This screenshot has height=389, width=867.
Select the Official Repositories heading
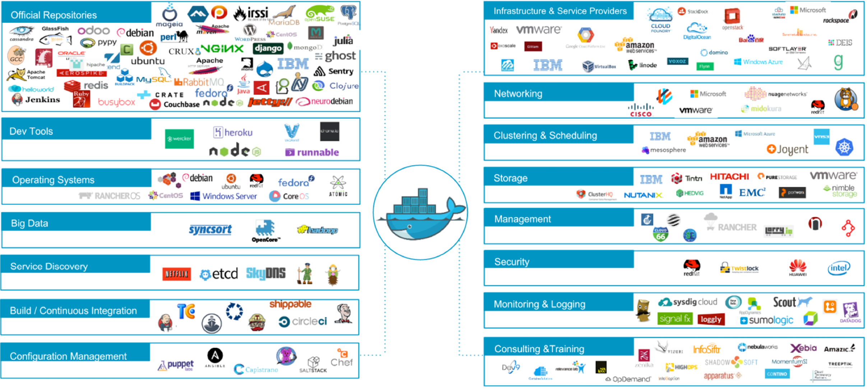pyautogui.click(x=54, y=15)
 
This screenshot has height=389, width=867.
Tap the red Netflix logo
pyautogui.click(x=176, y=274)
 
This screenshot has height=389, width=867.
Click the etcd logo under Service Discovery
pyautogui.click(x=219, y=274)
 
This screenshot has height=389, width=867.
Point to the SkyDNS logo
pyautogui.click(x=266, y=274)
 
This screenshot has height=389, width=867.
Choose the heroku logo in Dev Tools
pyautogui.click(x=233, y=133)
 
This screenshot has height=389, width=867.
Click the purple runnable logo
pyautogui.click(x=312, y=152)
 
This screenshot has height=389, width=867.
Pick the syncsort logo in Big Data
pyautogui.click(x=210, y=229)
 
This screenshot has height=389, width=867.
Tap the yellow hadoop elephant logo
pyautogui.click(x=317, y=230)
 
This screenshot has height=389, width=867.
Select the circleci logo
pyautogui.click(x=303, y=321)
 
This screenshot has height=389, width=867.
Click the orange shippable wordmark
pyautogui.click(x=290, y=304)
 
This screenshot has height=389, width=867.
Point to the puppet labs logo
pyautogui.click(x=176, y=365)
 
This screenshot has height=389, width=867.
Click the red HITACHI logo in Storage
pyautogui.click(x=729, y=177)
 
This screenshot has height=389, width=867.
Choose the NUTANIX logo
pyautogui.click(x=643, y=195)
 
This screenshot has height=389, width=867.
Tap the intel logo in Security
pyautogui.click(x=839, y=268)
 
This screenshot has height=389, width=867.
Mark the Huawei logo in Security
pyautogui.click(x=798, y=268)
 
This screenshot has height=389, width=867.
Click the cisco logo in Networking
pyautogui.click(x=641, y=110)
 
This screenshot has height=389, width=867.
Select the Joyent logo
pyautogui.click(x=787, y=150)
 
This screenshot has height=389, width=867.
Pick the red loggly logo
pyautogui.click(x=711, y=319)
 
